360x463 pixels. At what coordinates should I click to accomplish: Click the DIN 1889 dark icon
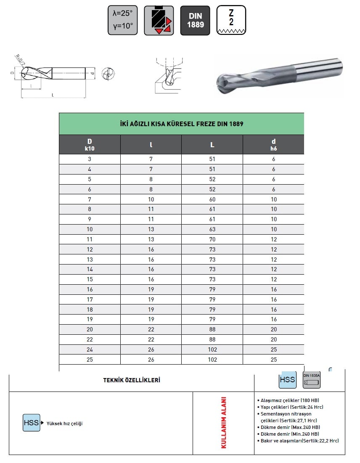tap(195, 20)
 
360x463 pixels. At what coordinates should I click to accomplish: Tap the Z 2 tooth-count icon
tap(231, 20)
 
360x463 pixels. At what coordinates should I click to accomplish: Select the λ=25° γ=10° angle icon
tap(122, 20)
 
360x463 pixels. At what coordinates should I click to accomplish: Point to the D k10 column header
tap(90, 145)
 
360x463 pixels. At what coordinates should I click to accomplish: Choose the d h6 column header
tap(273, 145)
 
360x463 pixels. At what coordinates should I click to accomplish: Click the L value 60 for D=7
tap(212, 199)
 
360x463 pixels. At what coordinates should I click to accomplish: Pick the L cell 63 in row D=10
tap(212, 229)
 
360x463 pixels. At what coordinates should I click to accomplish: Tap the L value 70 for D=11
tap(212, 239)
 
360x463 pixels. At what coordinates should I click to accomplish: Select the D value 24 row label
tap(90, 349)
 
